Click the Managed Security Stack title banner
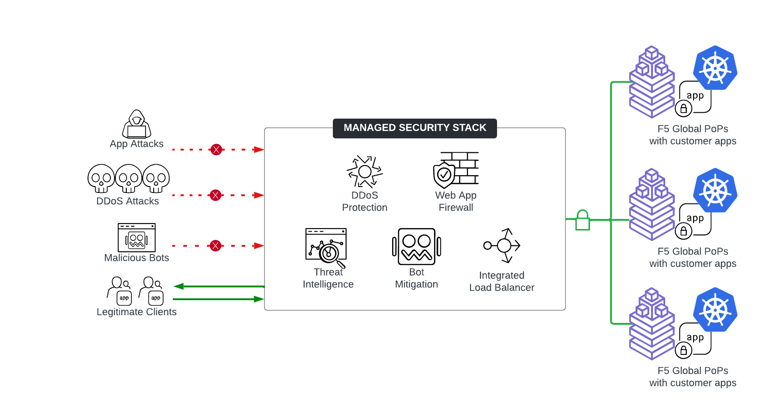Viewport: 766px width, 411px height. pyautogui.click(x=414, y=128)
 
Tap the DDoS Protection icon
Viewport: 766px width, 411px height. pyautogui.click(x=364, y=172)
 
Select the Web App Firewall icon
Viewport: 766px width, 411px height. pyautogui.click(x=455, y=170)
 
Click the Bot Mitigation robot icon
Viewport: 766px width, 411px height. pyautogui.click(x=416, y=247)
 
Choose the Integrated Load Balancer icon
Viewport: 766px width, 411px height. pyautogui.click(x=502, y=245)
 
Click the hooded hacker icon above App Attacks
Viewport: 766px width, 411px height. pyautogui.click(x=136, y=124)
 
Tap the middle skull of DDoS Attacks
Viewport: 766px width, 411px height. pyautogui.click(x=129, y=178)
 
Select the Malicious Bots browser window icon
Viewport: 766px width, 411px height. pyautogui.click(x=137, y=237)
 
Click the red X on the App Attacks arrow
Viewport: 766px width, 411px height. pyautogui.click(x=216, y=150)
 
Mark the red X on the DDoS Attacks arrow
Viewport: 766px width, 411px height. pyautogui.click(x=216, y=195)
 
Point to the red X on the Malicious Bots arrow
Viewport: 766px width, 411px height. pyautogui.click(x=216, y=246)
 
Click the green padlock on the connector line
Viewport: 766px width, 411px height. pyautogui.click(x=582, y=221)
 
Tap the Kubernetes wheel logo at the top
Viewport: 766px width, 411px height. pyautogui.click(x=715, y=68)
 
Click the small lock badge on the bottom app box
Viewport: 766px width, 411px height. pyautogui.click(x=683, y=350)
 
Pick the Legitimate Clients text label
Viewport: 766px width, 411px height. pyautogui.click(x=136, y=312)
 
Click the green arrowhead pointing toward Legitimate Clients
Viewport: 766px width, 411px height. pyautogui.click(x=179, y=286)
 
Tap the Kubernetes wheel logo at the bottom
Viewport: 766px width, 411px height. pyautogui.click(x=715, y=310)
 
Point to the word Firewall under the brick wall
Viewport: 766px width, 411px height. pyautogui.click(x=455, y=208)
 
